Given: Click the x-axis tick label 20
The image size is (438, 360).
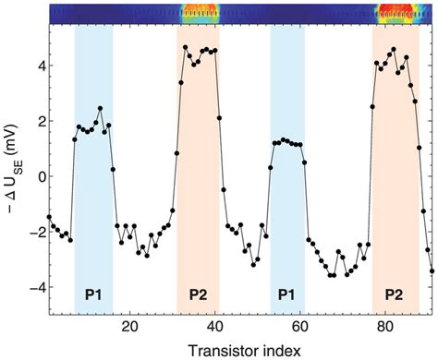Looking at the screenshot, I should (x=129, y=326).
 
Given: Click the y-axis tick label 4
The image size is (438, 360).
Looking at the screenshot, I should (x=38, y=66).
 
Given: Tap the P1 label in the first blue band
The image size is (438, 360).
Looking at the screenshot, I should (x=93, y=295).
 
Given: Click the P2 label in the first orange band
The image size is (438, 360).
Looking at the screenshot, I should (x=198, y=295).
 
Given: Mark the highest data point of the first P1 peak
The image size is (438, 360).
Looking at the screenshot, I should (x=100, y=109).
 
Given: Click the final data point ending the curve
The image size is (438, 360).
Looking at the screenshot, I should (x=432, y=270).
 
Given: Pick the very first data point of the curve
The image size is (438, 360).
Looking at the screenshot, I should (x=49, y=217).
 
